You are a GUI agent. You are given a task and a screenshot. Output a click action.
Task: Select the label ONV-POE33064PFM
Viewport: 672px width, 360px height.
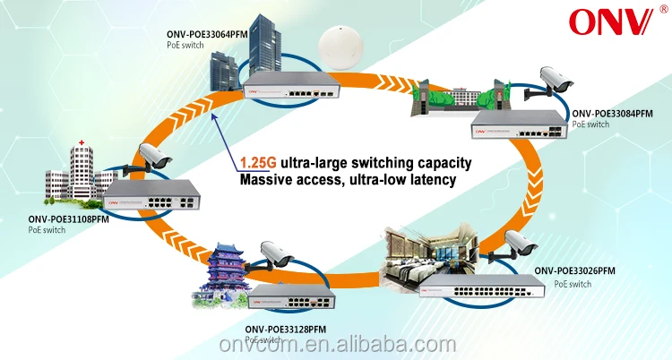(207, 35)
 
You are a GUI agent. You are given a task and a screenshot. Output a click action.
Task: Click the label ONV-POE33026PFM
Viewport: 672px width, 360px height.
(575, 270)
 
